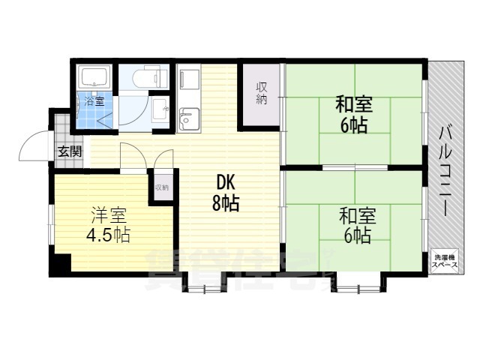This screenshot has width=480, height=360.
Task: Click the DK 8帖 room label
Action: [x=227, y=192]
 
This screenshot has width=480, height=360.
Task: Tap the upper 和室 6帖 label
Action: [x=353, y=115]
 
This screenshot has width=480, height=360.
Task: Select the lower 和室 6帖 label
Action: [x=354, y=225]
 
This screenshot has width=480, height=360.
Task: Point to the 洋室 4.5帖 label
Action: [x=110, y=224]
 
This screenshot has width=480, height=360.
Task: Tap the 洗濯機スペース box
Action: [x=443, y=262]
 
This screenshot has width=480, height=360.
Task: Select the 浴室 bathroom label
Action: [x=94, y=100]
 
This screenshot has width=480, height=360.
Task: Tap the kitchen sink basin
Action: [x=189, y=118]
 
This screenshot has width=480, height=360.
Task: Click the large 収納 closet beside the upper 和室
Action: [x=260, y=95]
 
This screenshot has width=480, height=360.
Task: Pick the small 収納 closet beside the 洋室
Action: [x=162, y=187]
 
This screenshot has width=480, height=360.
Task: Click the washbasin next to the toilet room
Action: [x=160, y=110]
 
